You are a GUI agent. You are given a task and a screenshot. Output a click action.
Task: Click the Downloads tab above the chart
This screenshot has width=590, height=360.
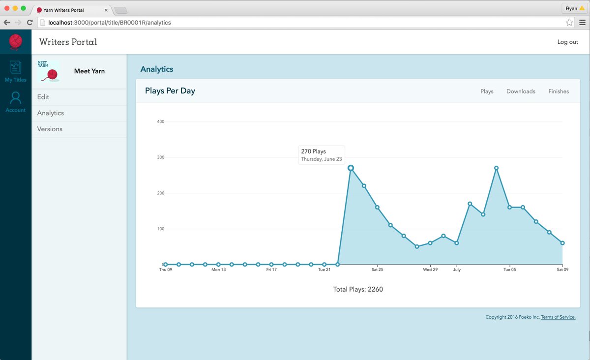click(x=521, y=91)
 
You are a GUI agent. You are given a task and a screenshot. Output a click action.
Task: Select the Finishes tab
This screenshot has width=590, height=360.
click(x=559, y=91)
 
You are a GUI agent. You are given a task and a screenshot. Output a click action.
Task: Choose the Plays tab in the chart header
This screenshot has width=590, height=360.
click(x=487, y=91)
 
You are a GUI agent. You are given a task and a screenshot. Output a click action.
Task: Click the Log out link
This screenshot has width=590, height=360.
click(x=567, y=42)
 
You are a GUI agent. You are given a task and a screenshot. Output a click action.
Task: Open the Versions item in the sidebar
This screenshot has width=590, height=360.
click(x=50, y=129)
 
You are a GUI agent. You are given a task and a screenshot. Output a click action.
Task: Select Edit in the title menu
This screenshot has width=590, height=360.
click(x=43, y=97)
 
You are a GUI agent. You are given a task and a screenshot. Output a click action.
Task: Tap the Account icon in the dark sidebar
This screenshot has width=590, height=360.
click(x=16, y=98)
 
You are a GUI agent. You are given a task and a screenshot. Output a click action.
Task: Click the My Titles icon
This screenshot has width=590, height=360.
click(x=15, y=67)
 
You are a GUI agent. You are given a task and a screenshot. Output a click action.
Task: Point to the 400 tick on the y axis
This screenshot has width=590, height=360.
click(x=160, y=121)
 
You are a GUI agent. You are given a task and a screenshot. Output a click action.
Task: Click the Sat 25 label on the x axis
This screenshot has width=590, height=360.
click(x=377, y=270)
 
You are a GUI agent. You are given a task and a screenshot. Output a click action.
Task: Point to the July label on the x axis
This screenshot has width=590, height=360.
click(x=457, y=270)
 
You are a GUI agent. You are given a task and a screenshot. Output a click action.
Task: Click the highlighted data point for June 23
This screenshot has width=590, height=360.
click(x=351, y=168)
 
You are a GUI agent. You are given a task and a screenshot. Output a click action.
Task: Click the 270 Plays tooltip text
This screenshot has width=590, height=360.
click(x=314, y=151)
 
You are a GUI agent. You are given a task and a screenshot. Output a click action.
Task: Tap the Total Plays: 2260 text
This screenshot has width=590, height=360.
click(x=358, y=289)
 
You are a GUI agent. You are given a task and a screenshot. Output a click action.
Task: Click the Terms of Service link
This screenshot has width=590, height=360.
click(x=558, y=317)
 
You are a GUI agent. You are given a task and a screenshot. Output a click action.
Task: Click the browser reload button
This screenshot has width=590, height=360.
click(x=30, y=23)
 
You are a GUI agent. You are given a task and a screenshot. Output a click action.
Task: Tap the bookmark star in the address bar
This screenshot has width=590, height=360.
click(x=569, y=23)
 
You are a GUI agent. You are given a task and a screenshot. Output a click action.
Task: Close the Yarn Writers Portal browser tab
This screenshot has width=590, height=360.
click(x=106, y=10)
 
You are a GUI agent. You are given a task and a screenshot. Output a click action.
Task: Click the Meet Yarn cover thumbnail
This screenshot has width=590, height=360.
click(x=49, y=71)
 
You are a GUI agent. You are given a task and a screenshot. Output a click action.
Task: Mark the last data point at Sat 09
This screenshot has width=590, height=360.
click(x=562, y=243)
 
